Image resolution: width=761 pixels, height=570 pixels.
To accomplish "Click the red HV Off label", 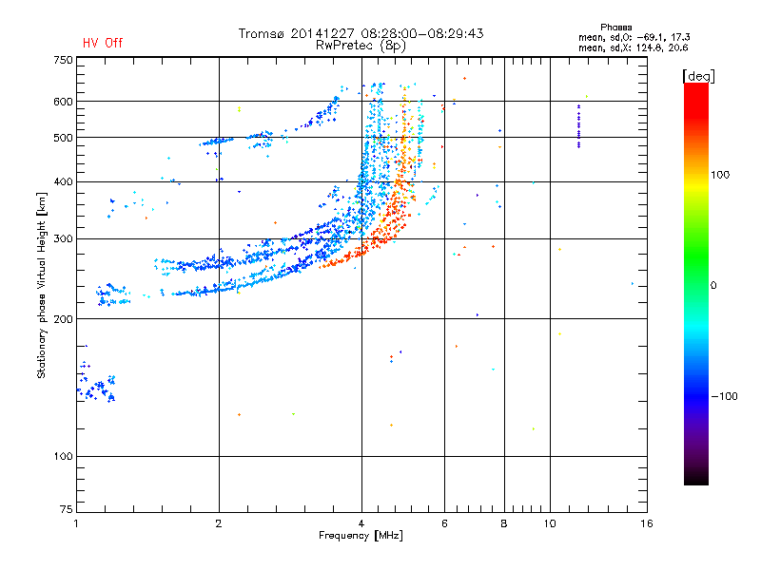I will pyautogui.click(x=102, y=44).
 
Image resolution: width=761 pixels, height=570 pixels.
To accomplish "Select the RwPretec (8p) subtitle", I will pyautogui.click(x=362, y=45).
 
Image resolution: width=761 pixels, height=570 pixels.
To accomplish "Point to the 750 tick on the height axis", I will pyautogui.click(x=63, y=60).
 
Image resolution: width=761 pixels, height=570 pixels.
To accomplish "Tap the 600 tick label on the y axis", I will pyautogui.click(x=63, y=102).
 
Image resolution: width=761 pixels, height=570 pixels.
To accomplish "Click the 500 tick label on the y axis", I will pyautogui.click(x=63, y=138).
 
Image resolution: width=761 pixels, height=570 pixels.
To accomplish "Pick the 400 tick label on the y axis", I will pyautogui.click(x=63, y=181).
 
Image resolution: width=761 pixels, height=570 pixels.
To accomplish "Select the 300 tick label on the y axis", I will pyautogui.click(x=63, y=238).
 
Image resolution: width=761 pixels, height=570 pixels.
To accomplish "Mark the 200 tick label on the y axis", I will pyautogui.click(x=63, y=319).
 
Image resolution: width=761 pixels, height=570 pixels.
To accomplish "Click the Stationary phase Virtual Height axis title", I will pyautogui.click(x=42, y=285).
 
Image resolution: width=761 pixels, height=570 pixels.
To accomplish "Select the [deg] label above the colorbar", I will pyautogui.click(x=699, y=75).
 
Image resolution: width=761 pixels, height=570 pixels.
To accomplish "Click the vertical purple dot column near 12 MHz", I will pyautogui.click(x=578, y=126).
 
